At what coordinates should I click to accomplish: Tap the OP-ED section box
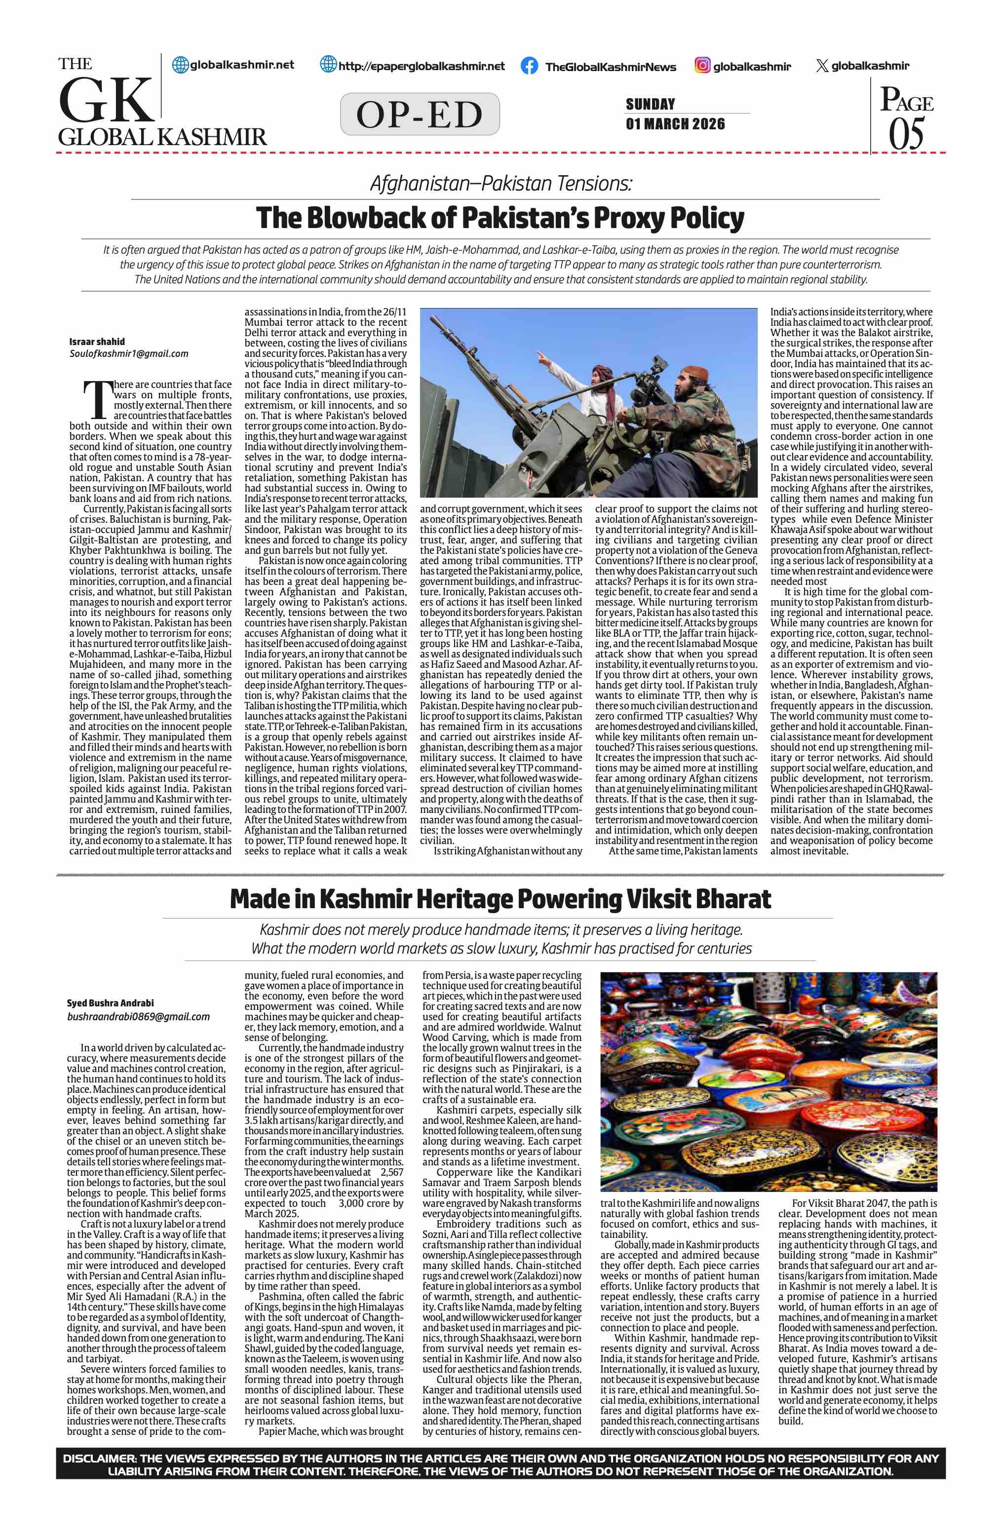[x=420, y=115]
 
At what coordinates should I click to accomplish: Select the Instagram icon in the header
[x=702, y=65]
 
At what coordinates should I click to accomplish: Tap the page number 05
[x=906, y=133]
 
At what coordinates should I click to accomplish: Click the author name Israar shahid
[x=97, y=342]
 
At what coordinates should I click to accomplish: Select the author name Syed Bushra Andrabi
[x=110, y=1003]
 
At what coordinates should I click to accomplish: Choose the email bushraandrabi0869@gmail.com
[x=138, y=1016]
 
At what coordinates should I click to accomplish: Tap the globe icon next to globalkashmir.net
[x=180, y=65]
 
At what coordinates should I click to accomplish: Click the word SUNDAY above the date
[x=651, y=104]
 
